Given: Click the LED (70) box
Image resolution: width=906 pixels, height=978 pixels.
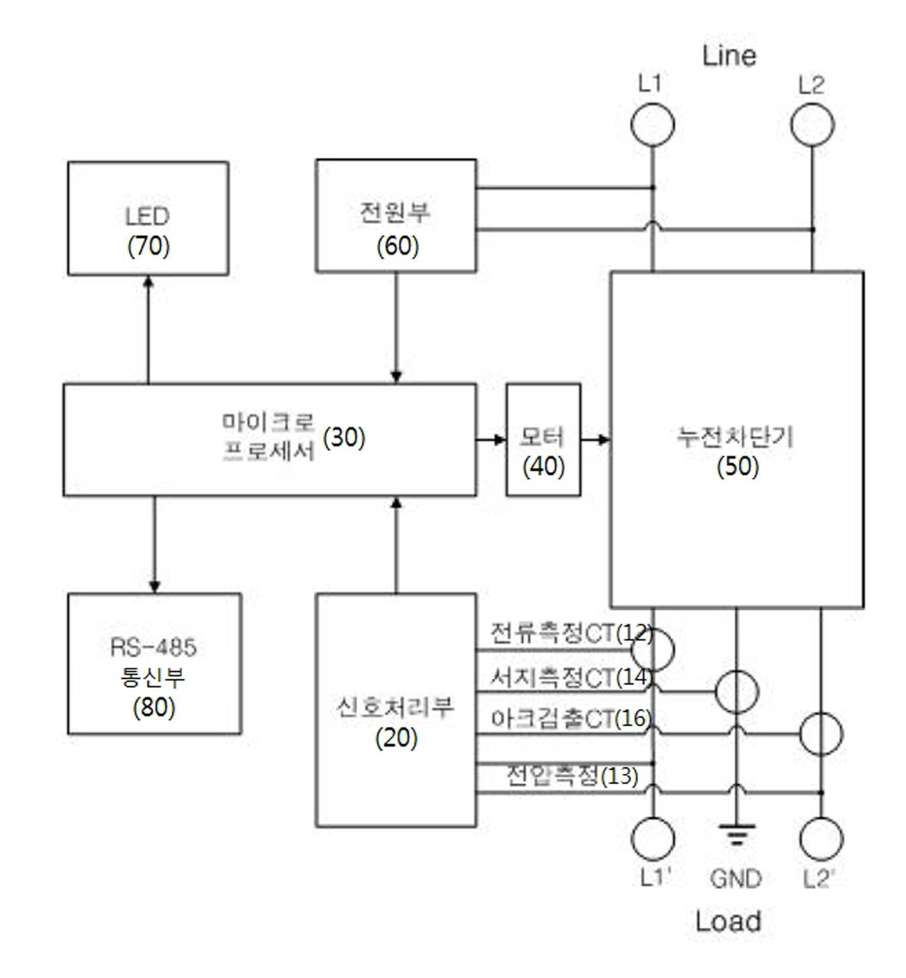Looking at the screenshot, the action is point(148,218).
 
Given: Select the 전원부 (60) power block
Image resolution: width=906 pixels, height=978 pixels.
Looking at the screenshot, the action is point(396,215).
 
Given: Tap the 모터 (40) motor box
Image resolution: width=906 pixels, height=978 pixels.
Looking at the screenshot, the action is point(543,439).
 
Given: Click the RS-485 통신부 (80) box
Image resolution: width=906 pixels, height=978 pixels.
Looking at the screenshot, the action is point(154,663).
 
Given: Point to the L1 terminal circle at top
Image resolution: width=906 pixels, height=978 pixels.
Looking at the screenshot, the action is point(652,125).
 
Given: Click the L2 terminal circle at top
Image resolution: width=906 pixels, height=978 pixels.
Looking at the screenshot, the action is point(812,125).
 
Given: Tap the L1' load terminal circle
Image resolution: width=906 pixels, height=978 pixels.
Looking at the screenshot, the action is point(652,839).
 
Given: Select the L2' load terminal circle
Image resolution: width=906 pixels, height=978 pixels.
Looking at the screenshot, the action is point(821,839).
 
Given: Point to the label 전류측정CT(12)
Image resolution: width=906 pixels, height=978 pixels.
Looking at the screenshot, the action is point(571,634).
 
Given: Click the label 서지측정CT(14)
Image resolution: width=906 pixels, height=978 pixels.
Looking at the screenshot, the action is point(571,677).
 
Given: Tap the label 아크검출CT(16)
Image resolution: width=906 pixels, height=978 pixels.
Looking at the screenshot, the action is point(571,718).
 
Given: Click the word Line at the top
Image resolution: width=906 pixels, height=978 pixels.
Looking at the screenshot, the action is point(729,55).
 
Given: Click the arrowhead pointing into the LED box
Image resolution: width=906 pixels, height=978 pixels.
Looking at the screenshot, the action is point(148,281).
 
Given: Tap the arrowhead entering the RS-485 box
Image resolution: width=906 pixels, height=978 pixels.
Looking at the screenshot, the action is point(154,587).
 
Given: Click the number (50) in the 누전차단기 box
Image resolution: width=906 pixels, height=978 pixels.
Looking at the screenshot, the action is point(737,466).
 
